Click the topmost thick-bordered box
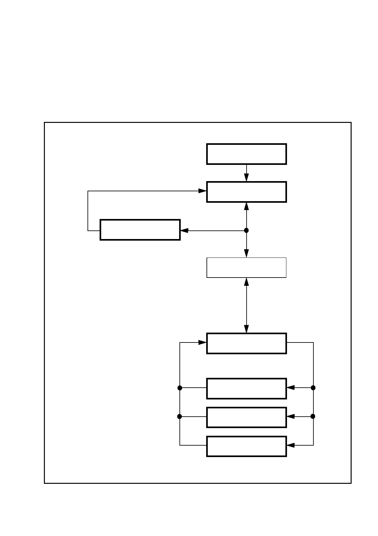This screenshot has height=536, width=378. [x=246, y=154]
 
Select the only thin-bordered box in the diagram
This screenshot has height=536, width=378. [x=246, y=268]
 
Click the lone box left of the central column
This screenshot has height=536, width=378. [x=140, y=229]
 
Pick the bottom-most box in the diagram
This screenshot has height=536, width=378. [x=246, y=446]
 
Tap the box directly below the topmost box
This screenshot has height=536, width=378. [x=246, y=192]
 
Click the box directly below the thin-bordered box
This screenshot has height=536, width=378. [x=246, y=343]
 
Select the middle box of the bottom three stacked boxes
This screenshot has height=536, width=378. [x=246, y=417]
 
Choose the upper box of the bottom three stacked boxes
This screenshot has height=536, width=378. [x=246, y=388]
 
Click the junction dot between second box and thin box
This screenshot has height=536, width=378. [x=246, y=230]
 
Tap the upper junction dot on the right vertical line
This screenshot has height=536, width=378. [x=313, y=388]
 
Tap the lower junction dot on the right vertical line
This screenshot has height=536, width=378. [x=313, y=416]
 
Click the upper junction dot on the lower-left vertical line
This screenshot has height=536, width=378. [x=180, y=388]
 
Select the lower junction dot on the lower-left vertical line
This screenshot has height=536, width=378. [x=179, y=416]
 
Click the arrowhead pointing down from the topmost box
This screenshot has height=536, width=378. [x=246, y=178]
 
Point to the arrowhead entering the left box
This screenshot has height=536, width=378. [x=185, y=230]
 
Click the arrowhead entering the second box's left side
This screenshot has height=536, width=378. [x=202, y=191]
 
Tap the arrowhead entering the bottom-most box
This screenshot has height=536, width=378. [x=290, y=445]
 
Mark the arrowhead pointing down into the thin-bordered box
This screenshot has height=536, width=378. [x=246, y=253]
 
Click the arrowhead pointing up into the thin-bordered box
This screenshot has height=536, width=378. [x=246, y=282]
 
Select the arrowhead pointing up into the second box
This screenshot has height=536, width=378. [x=246, y=206]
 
